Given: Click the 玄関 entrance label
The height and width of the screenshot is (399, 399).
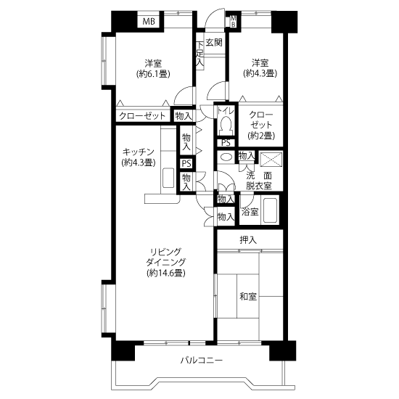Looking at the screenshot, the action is pyautogui.click(x=214, y=43).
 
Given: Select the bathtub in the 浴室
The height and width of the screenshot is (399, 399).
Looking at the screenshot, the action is pyautogui.click(x=270, y=210).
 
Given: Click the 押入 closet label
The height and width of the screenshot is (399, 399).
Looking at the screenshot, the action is pyautogui.click(x=248, y=240).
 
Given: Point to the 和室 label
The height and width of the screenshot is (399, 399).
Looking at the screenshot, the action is pyautogui.click(x=248, y=297).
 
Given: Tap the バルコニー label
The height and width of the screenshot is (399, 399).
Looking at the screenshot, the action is pyautogui.click(x=202, y=360).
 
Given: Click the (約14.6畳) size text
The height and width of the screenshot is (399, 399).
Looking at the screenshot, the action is pyautogui.click(x=166, y=273).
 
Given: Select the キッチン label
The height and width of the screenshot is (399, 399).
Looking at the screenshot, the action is pyautogui.click(x=138, y=152).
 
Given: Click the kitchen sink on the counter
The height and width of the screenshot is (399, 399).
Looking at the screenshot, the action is pyautogui.click(x=168, y=178).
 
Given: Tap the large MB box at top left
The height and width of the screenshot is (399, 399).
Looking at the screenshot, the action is pyautogui.click(x=149, y=22).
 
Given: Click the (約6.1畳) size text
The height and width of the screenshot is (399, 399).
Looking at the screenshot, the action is pyautogui.click(x=153, y=74).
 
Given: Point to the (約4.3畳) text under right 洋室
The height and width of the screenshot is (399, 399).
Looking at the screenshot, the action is pyautogui.click(x=260, y=73).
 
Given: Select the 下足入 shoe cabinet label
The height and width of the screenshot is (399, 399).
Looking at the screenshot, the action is pyautogui.click(x=200, y=55).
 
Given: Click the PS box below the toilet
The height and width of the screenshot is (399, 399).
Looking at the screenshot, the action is pyautogui.click(x=226, y=143).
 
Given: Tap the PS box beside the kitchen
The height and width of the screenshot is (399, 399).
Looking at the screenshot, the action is pyautogui.click(x=186, y=163).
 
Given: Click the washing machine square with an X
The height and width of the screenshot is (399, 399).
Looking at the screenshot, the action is pyautogui.click(x=271, y=160).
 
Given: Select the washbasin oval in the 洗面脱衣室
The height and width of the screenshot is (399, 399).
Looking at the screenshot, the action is pyautogui.click(x=226, y=157).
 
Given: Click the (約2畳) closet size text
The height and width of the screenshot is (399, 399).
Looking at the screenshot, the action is pyautogui.click(x=261, y=136).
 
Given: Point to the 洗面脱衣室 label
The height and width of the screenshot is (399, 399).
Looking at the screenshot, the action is pyautogui.click(x=259, y=181).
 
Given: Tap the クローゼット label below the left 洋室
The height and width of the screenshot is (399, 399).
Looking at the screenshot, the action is pyautogui.click(x=142, y=116).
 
